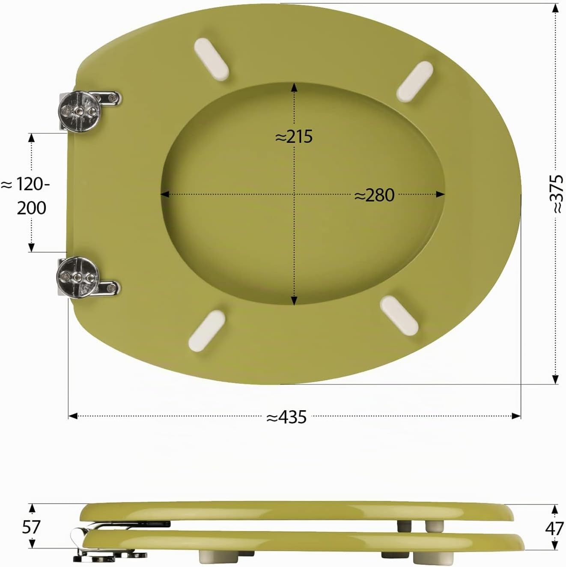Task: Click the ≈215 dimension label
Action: point(294,137)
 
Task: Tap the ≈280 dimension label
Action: point(374,195)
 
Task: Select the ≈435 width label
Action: point(286,417)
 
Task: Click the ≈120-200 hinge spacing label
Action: point(26,197)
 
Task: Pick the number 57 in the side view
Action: point(31,527)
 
